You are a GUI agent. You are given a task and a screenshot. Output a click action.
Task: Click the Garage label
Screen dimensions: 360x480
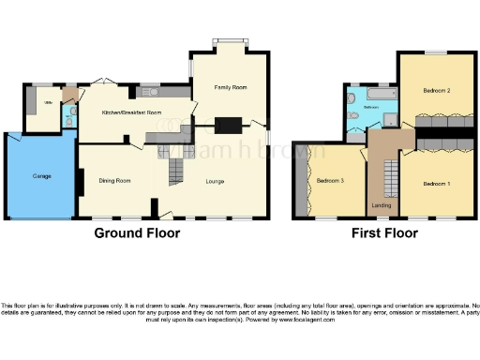(x=41, y=175)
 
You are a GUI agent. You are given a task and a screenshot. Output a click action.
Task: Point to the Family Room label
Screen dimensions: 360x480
(x=229, y=87)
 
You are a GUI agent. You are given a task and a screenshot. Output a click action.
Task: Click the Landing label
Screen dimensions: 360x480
(x=382, y=204)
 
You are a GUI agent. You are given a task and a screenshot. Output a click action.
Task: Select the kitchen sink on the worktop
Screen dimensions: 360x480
(x=153, y=93)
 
